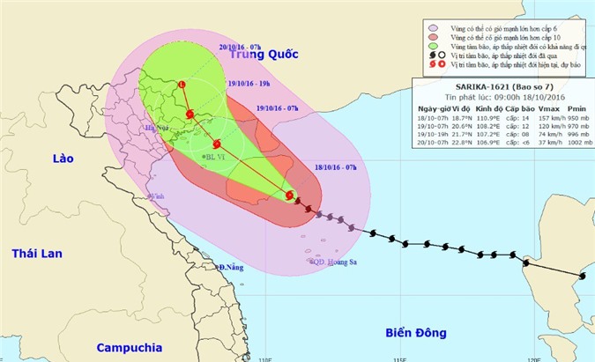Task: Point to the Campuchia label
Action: click(x=130, y=346)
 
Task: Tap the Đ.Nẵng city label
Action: click(x=227, y=266)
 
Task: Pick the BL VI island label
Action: click(x=214, y=158)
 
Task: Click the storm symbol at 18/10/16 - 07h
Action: click(x=290, y=196)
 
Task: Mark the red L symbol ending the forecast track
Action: click(x=182, y=85)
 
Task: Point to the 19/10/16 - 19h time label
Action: click(x=248, y=85)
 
